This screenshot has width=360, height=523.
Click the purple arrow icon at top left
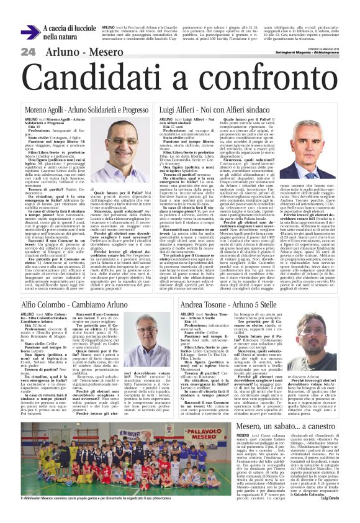coord(30,32)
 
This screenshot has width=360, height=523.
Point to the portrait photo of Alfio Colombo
coord(143,339)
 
